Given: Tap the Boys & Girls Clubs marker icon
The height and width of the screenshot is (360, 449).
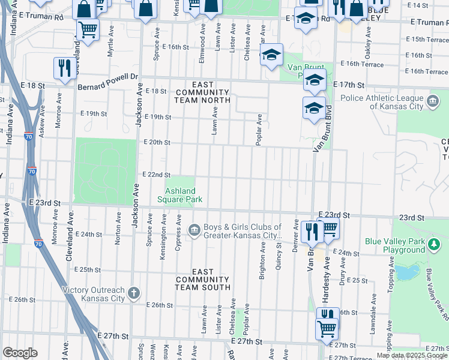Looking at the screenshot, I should (194, 230).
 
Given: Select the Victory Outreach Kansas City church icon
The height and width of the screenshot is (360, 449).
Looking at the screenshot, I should (133, 293).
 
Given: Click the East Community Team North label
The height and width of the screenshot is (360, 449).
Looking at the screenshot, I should (202, 93).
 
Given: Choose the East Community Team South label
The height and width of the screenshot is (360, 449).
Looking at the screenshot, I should (202, 280).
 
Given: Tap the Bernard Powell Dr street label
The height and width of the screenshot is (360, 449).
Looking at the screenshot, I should (108, 77).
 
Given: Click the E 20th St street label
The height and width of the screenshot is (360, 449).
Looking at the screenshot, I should (157, 142).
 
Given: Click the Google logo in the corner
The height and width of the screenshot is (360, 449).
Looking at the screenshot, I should (20, 353).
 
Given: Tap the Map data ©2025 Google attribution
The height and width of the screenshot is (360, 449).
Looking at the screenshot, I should (412, 355).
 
